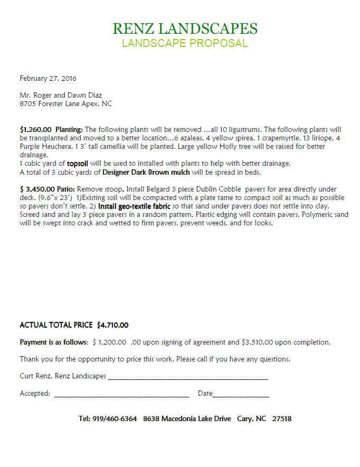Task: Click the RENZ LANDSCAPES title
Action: (185, 28)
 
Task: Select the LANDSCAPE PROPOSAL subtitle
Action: (185, 43)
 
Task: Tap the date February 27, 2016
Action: (48, 79)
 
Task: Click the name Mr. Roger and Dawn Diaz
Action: (61, 96)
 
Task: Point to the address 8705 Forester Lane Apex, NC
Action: (65, 104)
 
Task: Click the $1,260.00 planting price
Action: (35, 129)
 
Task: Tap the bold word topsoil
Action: (78, 164)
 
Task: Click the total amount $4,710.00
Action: (112, 325)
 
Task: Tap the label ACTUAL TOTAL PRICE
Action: (56, 325)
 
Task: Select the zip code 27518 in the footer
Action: (282, 419)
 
